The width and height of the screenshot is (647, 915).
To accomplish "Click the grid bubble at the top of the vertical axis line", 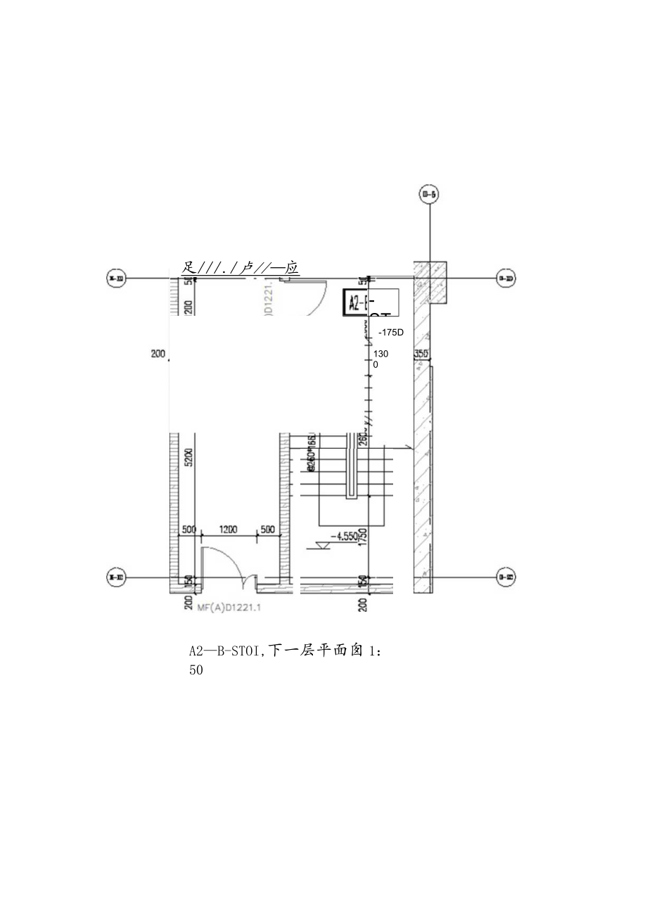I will [428, 195].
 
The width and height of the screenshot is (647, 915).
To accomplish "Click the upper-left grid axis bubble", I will [115, 279].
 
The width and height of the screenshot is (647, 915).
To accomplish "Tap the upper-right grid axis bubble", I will [506, 279].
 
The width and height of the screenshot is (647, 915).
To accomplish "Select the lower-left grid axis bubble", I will [115, 577].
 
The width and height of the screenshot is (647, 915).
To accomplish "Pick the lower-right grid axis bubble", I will [506, 577].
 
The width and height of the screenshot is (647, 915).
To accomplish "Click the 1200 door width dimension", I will [228, 530].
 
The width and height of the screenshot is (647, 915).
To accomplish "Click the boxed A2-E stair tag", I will [357, 302].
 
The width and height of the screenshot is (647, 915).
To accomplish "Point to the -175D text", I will [391, 332].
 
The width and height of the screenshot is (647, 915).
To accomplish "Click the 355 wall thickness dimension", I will [421, 354].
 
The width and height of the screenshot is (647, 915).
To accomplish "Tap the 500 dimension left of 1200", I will [189, 530].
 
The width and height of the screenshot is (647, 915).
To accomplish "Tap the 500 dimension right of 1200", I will [268, 530].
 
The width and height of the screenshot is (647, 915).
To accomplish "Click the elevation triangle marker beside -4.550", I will [324, 546].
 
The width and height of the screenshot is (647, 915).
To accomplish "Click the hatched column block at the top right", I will [430, 282].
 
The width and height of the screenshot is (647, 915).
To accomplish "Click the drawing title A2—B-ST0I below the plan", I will [286, 651].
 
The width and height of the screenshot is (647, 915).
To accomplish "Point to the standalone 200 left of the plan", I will [158, 354].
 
